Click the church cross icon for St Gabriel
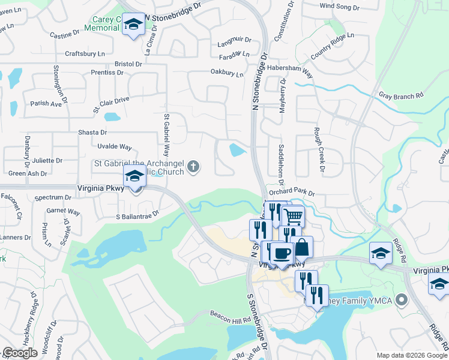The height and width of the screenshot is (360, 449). (x=193, y=166)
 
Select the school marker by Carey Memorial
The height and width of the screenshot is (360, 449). (x=133, y=25)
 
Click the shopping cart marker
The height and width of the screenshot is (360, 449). (x=292, y=216)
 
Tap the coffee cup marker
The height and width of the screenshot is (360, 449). (x=281, y=253)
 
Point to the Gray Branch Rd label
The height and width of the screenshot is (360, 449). (x=402, y=95)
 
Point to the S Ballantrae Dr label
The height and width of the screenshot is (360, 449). (x=137, y=213)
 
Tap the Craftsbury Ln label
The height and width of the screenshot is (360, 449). (x=91, y=53)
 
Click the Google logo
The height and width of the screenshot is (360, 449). (x=20, y=353)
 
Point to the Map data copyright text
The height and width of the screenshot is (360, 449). (x=411, y=355)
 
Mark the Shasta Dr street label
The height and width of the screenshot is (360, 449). (x=92, y=132)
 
